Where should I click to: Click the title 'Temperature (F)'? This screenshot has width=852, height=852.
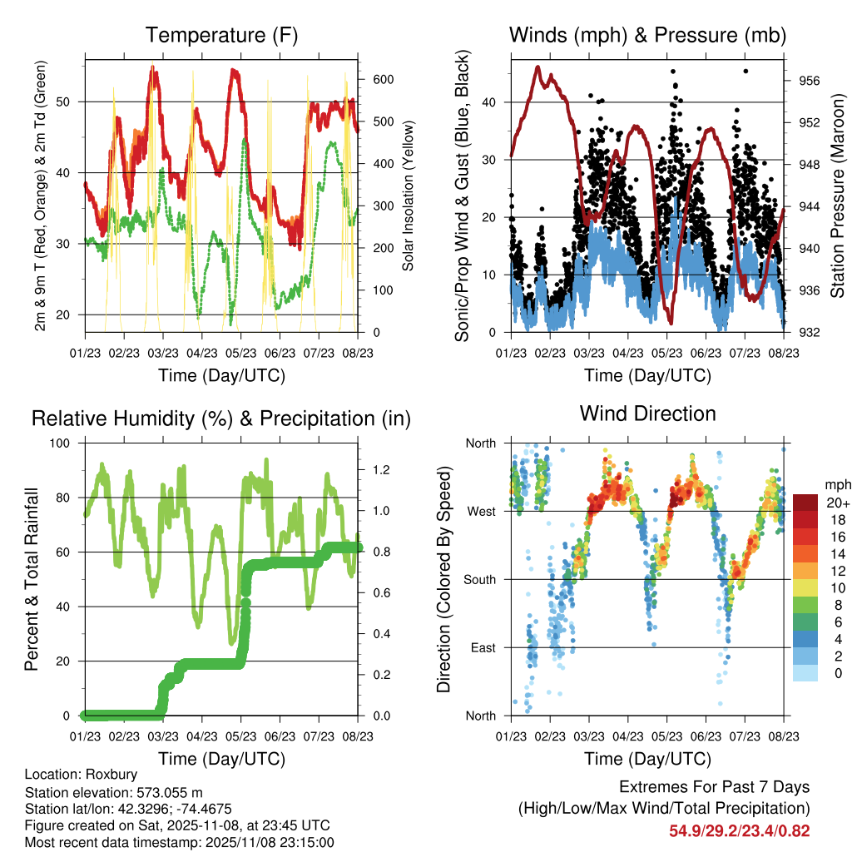point(221,35)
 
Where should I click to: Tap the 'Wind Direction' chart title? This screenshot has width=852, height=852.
point(647,413)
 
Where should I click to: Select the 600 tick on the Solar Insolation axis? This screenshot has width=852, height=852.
point(381,79)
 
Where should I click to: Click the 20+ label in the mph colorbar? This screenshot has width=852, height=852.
point(837,503)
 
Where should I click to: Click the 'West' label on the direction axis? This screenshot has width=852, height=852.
point(481,511)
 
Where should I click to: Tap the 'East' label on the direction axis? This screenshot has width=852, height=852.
point(482,647)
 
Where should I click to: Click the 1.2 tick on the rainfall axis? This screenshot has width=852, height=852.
point(382,470)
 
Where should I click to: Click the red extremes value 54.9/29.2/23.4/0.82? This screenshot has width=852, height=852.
point(740,830)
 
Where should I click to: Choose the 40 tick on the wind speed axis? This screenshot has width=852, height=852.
point(493,102)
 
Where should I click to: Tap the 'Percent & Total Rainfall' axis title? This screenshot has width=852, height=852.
point(31,580)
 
